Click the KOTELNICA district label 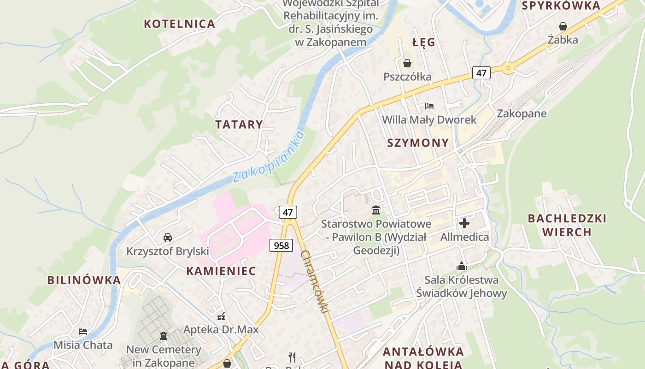coord(180,24)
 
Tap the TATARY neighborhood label coord(239,125)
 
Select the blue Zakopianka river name coord(268,157)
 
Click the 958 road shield coord(281,245)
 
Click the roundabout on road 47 coord(508,69)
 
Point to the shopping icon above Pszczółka coord(407,63)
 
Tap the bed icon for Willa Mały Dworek coord(429,106)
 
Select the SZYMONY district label coord(418,143)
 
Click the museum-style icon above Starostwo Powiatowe coord(376,210)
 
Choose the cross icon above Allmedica coord(464,224)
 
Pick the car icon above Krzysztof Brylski coord(168,238)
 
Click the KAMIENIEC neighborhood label coord(221,271)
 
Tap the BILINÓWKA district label coord(84,280)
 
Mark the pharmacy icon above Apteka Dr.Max coord(221,316)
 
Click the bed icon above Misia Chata coord(83,332)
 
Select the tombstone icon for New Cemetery coord(164,336)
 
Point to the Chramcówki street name coord(316,281)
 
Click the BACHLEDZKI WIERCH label coord(567,225)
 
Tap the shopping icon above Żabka coord(563,26)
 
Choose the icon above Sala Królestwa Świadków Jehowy coord(462,266)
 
